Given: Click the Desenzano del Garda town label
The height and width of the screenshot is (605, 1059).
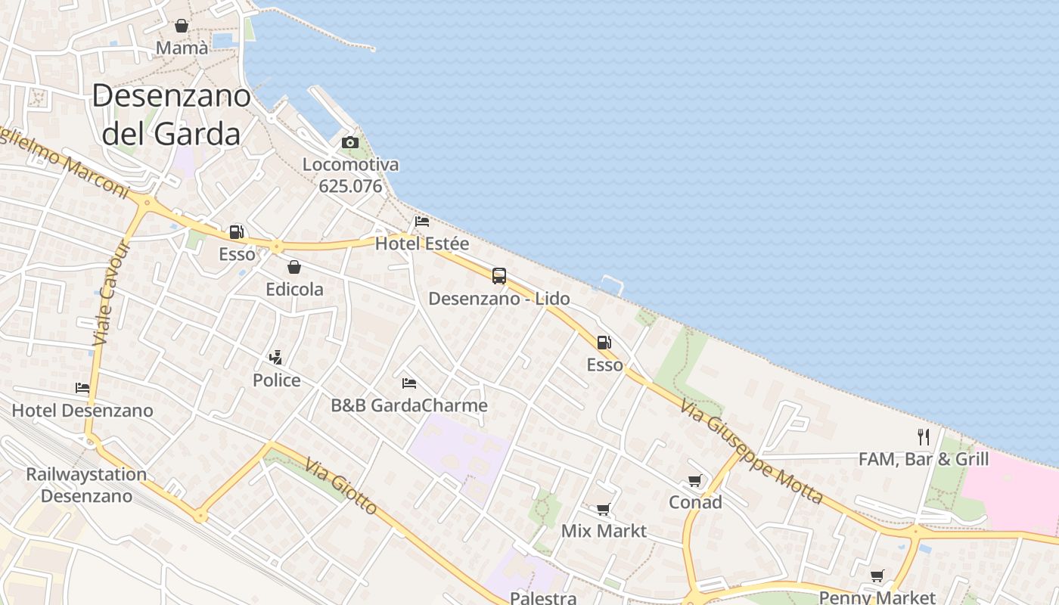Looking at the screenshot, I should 171,114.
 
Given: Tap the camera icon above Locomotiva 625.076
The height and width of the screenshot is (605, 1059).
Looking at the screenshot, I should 349,142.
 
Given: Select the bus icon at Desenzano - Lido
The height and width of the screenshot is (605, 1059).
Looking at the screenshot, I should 499,276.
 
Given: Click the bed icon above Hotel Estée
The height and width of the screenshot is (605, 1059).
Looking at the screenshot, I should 422,221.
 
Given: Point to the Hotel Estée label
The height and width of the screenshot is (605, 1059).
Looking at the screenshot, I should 422,244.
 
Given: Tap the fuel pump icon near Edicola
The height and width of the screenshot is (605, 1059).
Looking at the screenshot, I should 237,232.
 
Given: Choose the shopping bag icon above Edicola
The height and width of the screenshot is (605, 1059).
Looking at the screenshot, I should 294,267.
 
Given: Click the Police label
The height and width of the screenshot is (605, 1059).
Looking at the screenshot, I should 277,380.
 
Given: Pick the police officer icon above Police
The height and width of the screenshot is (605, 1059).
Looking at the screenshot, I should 276,357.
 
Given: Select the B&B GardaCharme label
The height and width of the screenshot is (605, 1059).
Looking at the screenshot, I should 409,405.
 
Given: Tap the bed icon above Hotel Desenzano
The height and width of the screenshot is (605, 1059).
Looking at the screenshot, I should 82,388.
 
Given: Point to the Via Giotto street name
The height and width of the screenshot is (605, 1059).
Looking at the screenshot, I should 342,486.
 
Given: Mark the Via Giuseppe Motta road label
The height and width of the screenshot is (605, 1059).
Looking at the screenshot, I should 751,452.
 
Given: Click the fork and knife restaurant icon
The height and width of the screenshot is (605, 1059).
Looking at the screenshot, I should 924,436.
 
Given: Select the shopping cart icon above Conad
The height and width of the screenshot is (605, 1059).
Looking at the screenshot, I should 695,480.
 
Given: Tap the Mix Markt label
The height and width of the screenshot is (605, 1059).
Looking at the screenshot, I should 604,531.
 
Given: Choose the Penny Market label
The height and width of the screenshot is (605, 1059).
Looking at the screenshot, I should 877,597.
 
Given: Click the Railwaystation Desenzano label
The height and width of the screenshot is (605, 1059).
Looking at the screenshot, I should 86,485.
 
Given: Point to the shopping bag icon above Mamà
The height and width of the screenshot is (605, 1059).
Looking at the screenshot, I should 182,26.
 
